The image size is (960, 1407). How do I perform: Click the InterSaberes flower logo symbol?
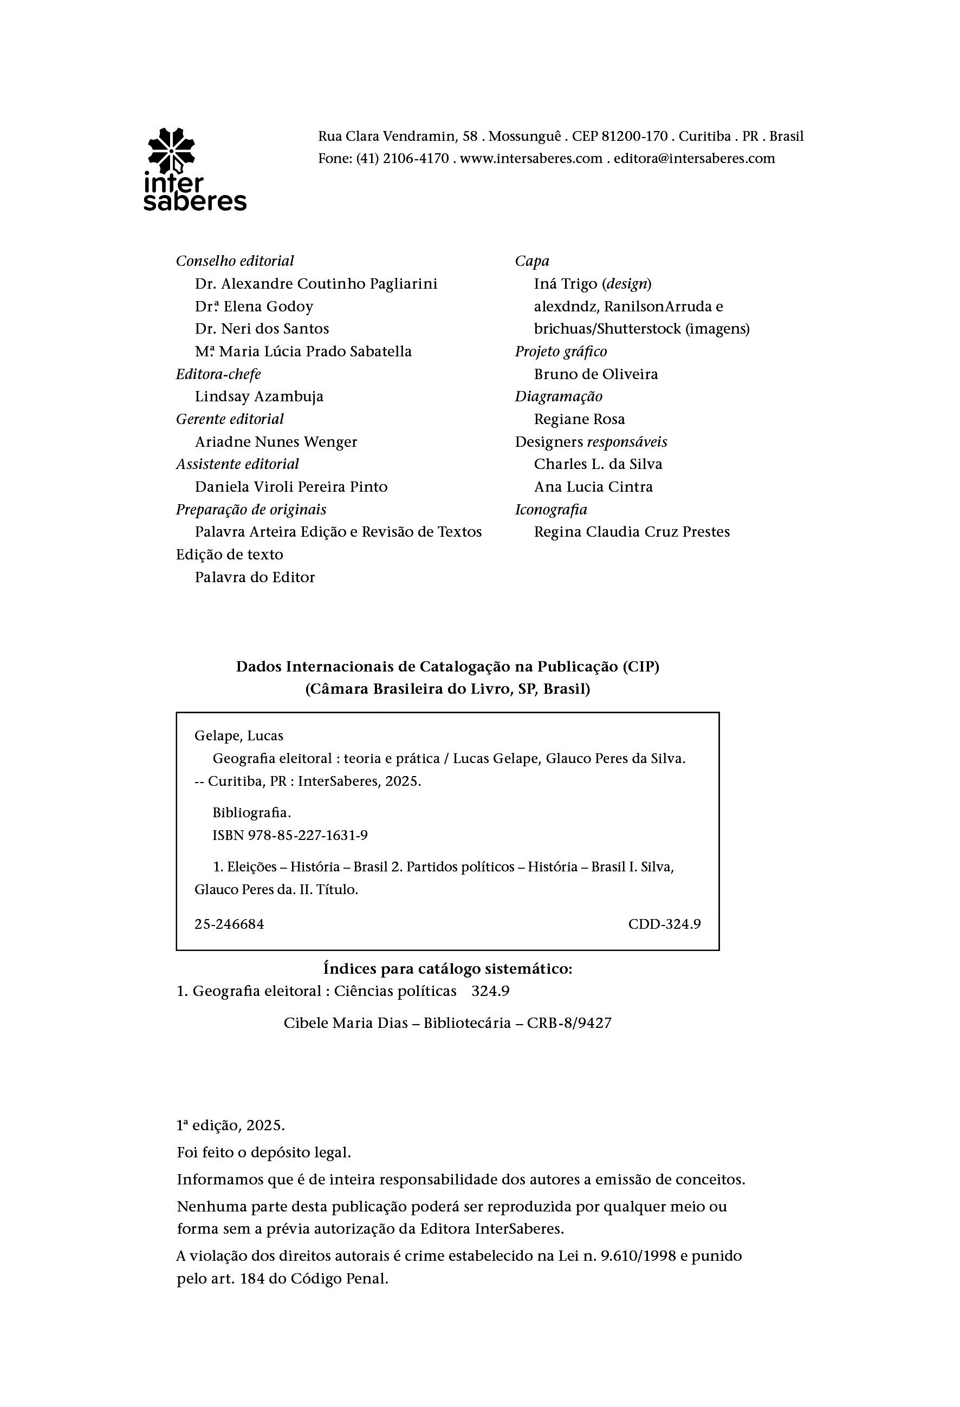coord(171,149)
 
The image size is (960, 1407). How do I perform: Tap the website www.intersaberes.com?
coord(531,159)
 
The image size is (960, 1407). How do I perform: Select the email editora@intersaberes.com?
coord(694,159)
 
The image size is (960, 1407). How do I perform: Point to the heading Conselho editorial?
coord(235,261)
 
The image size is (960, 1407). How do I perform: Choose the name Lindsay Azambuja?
coord(259,396)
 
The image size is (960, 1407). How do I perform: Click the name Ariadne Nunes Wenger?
coord(276,442)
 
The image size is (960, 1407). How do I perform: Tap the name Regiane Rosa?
coord(580,420)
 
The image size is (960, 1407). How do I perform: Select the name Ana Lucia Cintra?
coord(594,487)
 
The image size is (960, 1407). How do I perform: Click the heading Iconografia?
coord(551,510)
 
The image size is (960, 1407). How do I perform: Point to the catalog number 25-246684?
coord(230,924)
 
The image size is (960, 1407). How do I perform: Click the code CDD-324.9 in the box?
coord(664,924)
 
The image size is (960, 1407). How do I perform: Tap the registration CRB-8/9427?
coord(569,1023)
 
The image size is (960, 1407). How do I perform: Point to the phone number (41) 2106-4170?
coord(402,159)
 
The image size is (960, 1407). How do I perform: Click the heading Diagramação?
coord(559,397)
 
